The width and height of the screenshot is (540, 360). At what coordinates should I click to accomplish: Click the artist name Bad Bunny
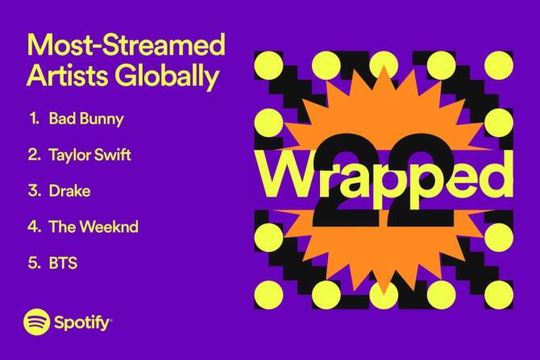(86, 119)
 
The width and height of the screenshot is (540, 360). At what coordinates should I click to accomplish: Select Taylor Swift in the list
(89, 155)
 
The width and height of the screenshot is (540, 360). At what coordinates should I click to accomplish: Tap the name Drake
(69, 191)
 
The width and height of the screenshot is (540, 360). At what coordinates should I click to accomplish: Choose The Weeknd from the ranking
(93, 227)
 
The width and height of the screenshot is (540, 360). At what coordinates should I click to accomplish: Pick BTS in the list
(63, 263)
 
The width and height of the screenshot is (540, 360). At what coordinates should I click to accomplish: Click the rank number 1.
(35, 118)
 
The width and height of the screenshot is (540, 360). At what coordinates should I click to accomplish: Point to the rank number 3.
(35, 191)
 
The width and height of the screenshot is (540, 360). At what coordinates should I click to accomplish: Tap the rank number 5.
(35, 263)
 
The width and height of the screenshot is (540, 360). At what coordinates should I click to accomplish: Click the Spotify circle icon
(36, 322)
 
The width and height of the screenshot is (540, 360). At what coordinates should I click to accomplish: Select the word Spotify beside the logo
(82, 323)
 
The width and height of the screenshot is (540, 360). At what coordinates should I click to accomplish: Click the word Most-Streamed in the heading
(126, 45)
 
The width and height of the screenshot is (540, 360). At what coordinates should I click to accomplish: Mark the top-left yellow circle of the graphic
(268, 65)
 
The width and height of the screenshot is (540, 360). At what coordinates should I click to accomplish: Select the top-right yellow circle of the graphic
(499, 65)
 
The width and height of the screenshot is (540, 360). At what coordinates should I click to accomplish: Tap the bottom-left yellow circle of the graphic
(268, 295)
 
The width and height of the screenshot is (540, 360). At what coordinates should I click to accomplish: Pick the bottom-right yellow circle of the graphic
(499, 295)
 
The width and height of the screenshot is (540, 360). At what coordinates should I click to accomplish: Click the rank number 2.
(35, 155)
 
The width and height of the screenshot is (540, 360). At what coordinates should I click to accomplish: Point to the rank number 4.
(35, 227)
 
